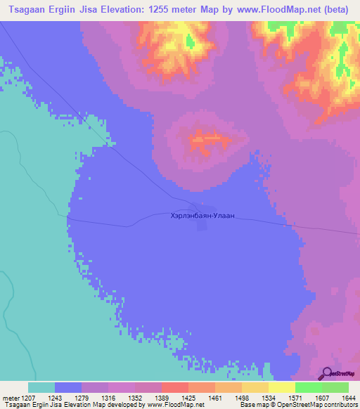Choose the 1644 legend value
click(x=349, y=398)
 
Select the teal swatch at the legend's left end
click(x=41, y=387)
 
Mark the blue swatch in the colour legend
click(x=68, y=387)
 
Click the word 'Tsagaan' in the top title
click(x=23, y=11)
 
